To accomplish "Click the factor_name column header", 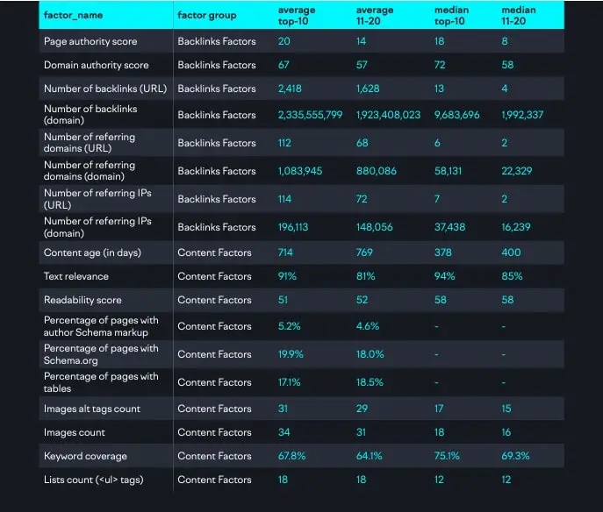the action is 73,16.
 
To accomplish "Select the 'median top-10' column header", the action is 451,16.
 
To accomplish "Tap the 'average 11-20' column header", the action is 375,16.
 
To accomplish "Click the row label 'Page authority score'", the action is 90,41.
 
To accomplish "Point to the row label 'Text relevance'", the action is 76,276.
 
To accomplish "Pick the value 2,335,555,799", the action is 311,115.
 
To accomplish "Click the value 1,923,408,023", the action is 389,115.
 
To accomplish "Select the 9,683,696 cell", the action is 457,115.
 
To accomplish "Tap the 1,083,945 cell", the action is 300,171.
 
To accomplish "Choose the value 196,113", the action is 293,227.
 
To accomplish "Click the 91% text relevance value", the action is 287,276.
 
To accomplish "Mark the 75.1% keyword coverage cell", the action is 447,456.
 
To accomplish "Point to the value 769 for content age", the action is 364,252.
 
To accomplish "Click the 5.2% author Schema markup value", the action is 289,326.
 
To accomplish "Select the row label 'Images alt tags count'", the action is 92,409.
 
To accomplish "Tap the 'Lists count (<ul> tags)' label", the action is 93,480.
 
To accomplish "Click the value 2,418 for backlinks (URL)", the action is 290,89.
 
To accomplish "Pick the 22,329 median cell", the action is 517,171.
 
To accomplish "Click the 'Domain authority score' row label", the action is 97,65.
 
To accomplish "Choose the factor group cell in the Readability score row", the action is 214,300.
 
